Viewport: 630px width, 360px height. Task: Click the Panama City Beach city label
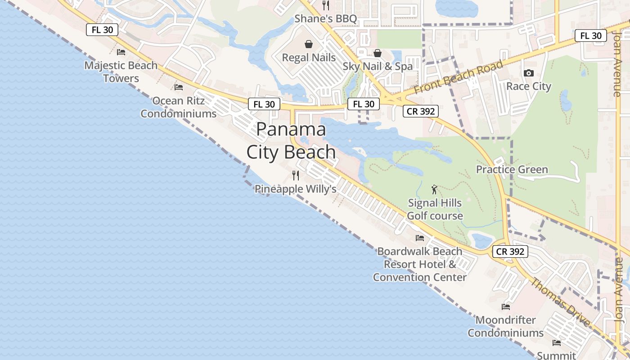(x=291, y=141)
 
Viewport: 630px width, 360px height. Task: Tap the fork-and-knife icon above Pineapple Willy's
(x=296, y=175)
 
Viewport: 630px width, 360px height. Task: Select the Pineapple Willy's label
(x=296, y=189)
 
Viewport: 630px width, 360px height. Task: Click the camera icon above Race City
(x=529, y=73)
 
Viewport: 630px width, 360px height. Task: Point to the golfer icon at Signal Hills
(x=434, y=189)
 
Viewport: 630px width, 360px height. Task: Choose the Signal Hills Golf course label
(x=435, y=209)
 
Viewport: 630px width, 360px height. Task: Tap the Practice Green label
(x=512, y=170)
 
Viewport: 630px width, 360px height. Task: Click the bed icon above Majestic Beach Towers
(x=121, y=52)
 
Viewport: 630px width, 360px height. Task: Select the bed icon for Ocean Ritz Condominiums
(x=179, y=87)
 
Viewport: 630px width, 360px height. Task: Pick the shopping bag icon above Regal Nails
(x=309, y=44)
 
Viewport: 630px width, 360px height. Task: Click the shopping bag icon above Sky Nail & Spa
(x=378, y=54)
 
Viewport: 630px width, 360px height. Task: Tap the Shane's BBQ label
(x=326, y=19)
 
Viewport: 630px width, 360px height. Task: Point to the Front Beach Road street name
(x=458, y=77)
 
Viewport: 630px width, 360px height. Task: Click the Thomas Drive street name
(x=560, y=302)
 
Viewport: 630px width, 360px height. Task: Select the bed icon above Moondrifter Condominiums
(x=506, y=307)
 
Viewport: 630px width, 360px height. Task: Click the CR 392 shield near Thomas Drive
(x=510, y=252)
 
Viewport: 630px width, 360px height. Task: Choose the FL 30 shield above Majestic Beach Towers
(x=102, y=30)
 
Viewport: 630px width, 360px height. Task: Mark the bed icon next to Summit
(x=557, y=343)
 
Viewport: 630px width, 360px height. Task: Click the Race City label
(x=529, y=86)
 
